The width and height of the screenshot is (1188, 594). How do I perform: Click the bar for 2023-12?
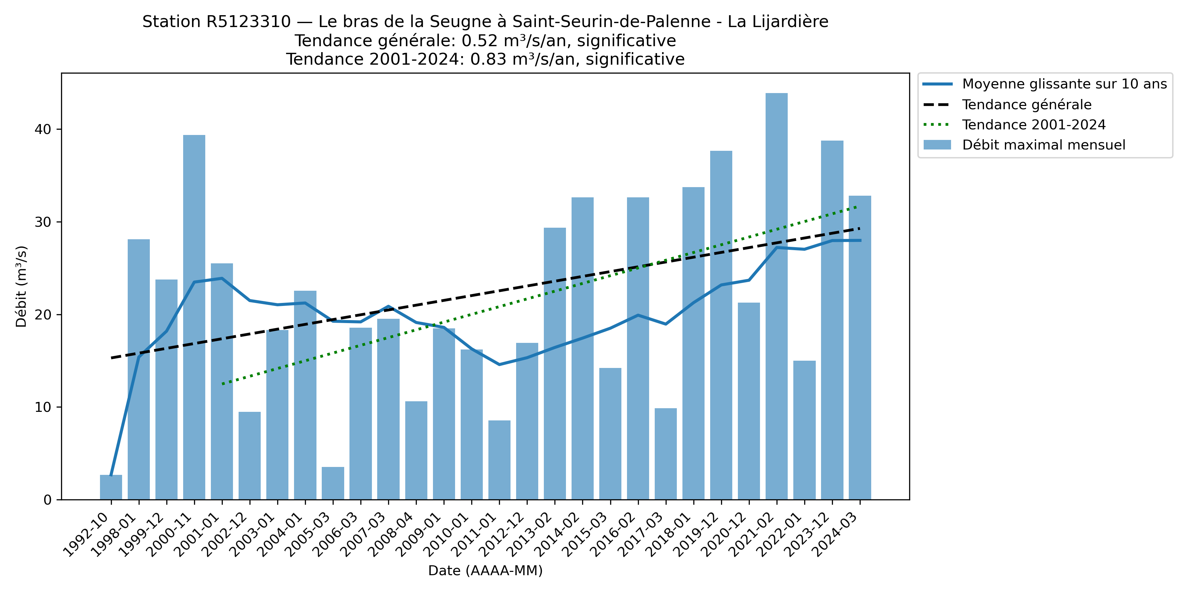[x=832, y=320]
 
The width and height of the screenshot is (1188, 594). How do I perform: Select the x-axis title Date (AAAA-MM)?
[x=485, y=571]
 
